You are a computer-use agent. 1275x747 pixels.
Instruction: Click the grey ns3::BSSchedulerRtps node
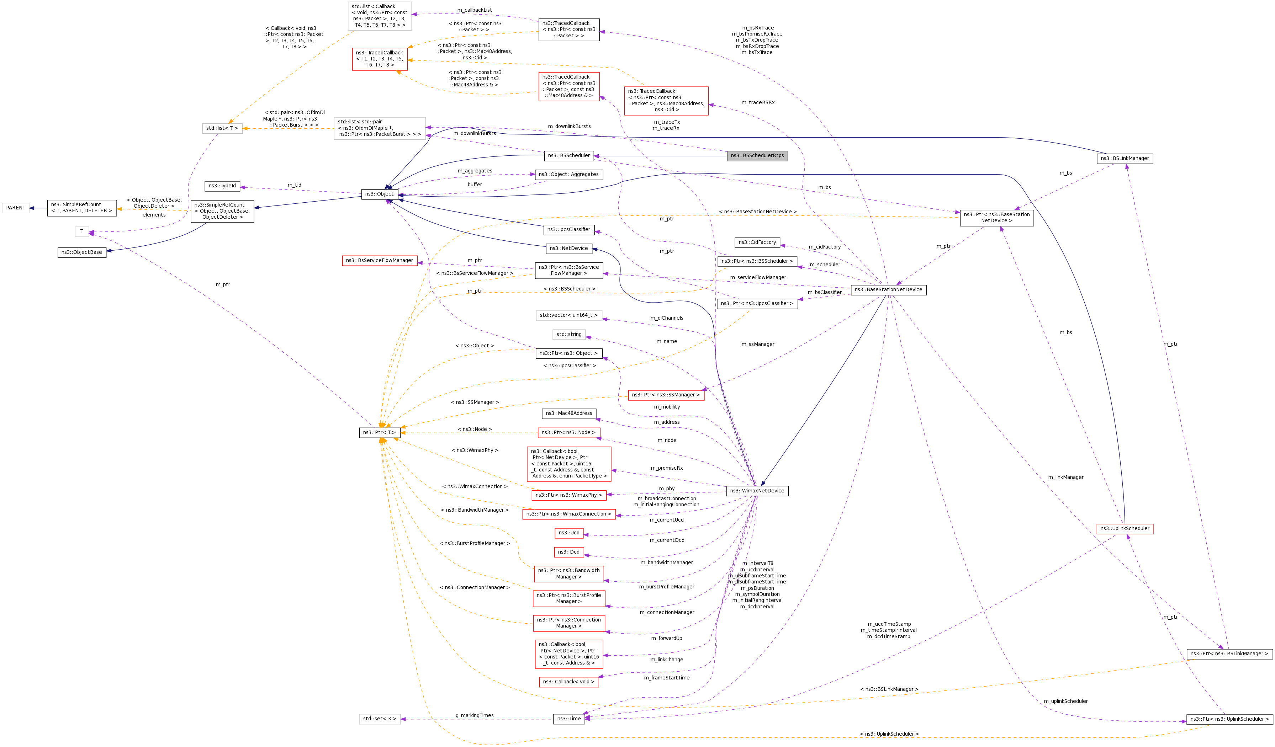point(757,156)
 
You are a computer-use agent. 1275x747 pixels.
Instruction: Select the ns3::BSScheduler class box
point(569,156)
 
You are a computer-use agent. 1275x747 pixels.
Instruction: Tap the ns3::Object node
point(379,194)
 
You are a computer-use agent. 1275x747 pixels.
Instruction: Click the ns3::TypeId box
point(222,186)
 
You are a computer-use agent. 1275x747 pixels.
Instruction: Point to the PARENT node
point(16,208)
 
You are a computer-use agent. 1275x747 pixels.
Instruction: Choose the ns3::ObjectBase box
point(81,252)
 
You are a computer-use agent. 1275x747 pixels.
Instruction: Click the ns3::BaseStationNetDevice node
point(888,290)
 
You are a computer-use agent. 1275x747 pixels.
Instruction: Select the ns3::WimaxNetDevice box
point(757,491)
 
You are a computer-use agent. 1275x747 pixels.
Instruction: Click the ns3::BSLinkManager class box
point(1125,159)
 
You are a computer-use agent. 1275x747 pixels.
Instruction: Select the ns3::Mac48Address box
point(569,414)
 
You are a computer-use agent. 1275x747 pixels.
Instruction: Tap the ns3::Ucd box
point(569,533)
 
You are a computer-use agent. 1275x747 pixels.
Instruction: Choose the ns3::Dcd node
point(569,552)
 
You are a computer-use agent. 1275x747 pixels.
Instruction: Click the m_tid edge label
point(294,185)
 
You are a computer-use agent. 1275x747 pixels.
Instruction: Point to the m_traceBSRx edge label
point(757,103)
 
